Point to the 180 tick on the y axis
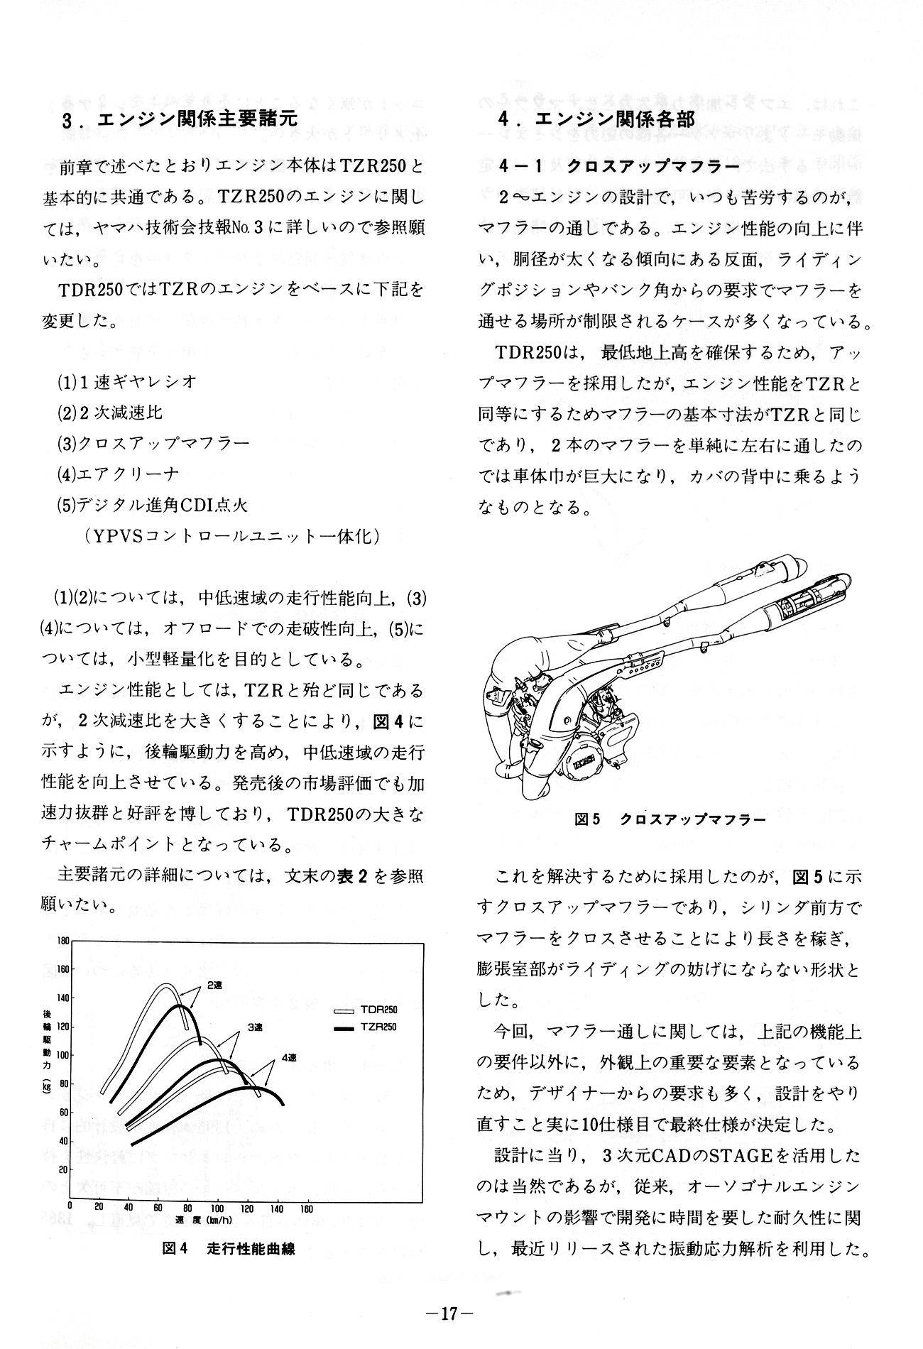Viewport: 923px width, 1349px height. click(62, 941)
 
